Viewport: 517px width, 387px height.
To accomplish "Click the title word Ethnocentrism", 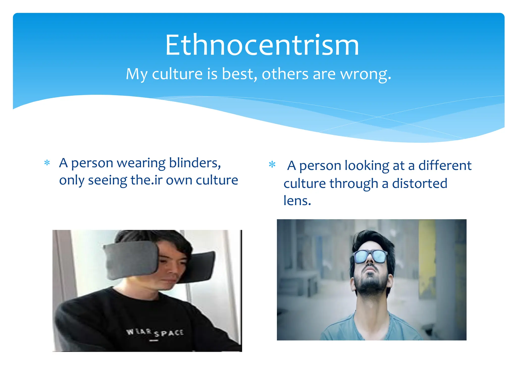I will pyautogui.click(x=262, y=45).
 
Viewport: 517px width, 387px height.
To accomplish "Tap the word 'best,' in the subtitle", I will pyautogui.click(x=240, y=74).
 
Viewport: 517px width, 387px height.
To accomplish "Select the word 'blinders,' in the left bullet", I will pyautogui.click(x=195, y=163).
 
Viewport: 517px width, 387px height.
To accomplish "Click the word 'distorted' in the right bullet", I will pyautogui.click(x=420, y=183).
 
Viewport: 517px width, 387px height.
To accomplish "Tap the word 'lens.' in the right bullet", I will pyautogui.click(x=297, y=201).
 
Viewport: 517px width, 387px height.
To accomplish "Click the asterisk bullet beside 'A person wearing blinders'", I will pyautogui.click(x=47, y=163).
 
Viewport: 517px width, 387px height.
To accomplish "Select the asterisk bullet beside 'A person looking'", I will pyautogui.click(x=272, y=165).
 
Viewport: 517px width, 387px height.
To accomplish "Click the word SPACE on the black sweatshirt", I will pyautogui.click(x=169, y=333).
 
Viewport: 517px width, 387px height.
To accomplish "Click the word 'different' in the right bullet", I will pyautogui.click(x=445, y=166).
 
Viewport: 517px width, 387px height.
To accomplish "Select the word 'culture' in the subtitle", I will pyautogui.click(x=177, y=74).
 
